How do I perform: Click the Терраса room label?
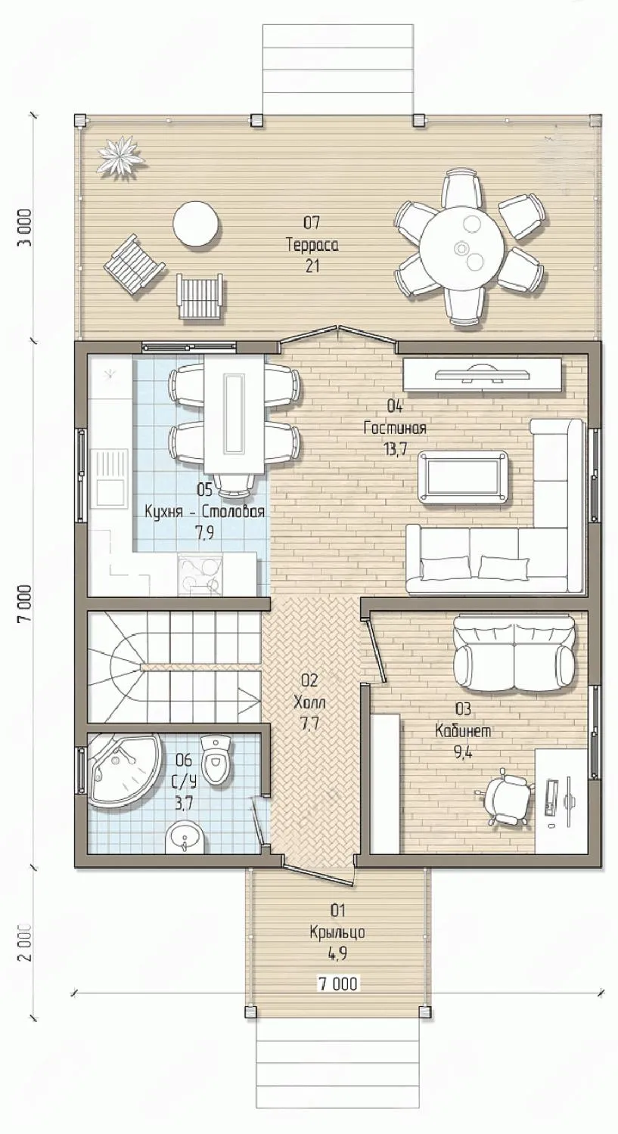[x=312, y=246]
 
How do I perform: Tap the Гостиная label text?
[x=395, y=429]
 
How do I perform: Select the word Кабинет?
[x=463, y=731]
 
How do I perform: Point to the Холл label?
[x=309, y=702]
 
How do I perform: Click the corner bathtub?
[x=124, y=770]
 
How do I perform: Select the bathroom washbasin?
[x=186, y=838]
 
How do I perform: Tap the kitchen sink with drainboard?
[x=109, y=479]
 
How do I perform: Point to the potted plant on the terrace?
[x=121, y=157]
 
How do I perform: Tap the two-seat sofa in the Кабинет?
[x=514, y=653]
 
